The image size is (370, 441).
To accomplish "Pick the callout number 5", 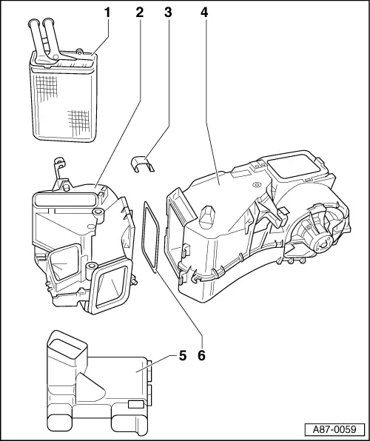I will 181,355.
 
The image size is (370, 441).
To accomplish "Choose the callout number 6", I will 201,355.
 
